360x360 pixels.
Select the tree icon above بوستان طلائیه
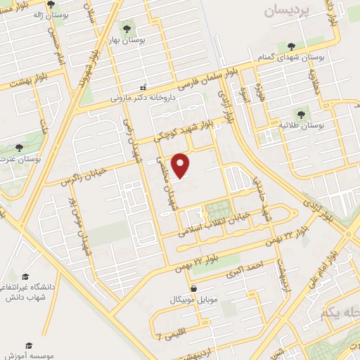pos(303,112)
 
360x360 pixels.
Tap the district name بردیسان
pos(286,12)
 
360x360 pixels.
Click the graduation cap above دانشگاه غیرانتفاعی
pos(25,277)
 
